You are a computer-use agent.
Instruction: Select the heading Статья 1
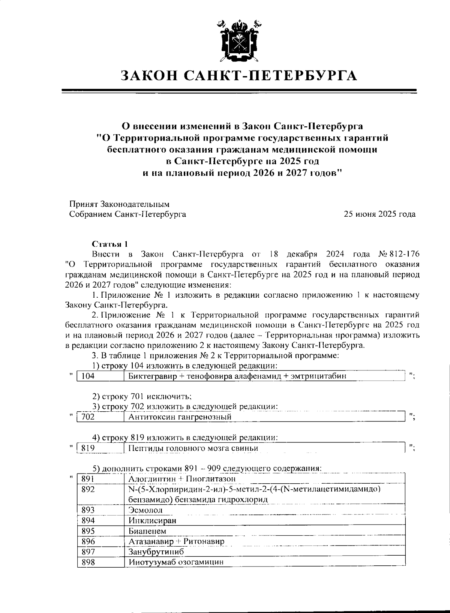pyautogui.click(x=110, y=244)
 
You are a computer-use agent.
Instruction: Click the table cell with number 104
pyautogui.click(x=100, y=376)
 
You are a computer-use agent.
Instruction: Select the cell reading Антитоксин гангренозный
pyautogui.click(x=180, y=417)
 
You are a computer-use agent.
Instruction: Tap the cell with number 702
pyautogui.click(x=100, y=417)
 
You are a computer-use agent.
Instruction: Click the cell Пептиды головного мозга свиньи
pyautogui.click(x=193, y=448)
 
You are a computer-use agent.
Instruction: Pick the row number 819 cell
pyautogui.click(x=100, y=448)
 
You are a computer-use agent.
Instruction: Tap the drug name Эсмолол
pyautogui.click(x=145, y=510)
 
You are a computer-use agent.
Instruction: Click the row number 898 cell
pyautogui.click(x=100, y=562)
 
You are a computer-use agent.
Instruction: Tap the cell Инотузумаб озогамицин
pyautogui.click(x=176, y=562)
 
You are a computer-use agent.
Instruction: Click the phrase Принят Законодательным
pyautogui.click(x=119, y=204)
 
